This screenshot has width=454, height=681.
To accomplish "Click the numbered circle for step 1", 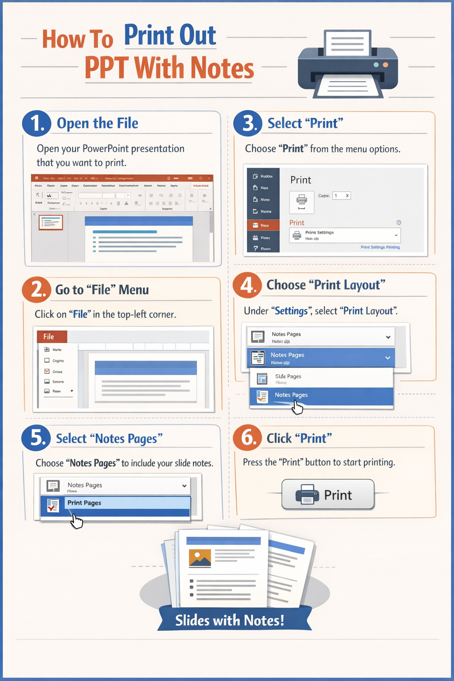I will point(36,123).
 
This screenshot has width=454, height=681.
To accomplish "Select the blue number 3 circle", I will point(248,123).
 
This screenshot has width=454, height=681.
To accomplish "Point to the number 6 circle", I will point(248,438).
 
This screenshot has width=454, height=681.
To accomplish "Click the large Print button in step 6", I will point(328,494).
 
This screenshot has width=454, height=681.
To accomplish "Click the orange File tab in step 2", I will point(52,337).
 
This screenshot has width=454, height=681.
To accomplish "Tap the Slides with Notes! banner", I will point(230,620).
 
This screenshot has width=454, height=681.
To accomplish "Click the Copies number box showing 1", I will point(341,196).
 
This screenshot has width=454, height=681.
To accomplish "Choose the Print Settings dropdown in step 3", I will point(345,235).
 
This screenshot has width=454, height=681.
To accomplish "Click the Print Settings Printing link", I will point(380,247).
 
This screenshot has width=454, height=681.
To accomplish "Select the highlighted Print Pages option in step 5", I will point(115,503).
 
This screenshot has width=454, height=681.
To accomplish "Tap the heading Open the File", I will point(98,123).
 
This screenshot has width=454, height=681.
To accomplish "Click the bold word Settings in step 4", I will point(291,311).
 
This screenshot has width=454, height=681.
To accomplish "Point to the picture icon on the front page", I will point(200,558).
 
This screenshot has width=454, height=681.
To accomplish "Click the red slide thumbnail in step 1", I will point(51,222).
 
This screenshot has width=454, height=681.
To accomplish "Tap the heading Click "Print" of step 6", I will point(299,438).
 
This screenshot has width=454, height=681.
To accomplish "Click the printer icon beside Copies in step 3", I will point(301,202).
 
